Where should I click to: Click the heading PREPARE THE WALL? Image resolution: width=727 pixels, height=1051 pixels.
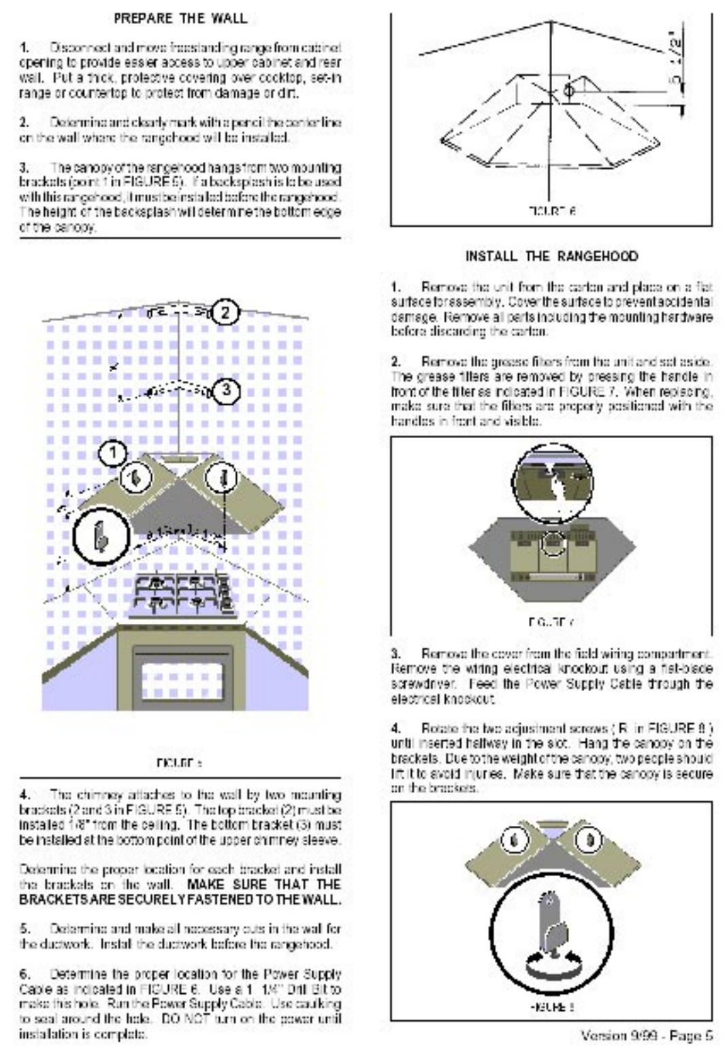[x=180, y=18]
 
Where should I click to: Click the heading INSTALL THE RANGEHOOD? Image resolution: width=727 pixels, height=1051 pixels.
[x=551, y=256]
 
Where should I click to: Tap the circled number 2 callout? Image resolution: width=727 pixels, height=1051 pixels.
[x=226, y=312]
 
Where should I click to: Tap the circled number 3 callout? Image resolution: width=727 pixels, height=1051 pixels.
[x=226, y=390]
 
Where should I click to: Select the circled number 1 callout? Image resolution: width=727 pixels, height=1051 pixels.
[x=114, y=452]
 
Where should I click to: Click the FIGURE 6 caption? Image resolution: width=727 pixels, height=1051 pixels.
[x=551, y=212]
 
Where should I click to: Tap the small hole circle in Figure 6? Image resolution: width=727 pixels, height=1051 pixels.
[x=569, y=90]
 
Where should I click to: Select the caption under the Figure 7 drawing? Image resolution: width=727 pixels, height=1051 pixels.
[x=551, y=622]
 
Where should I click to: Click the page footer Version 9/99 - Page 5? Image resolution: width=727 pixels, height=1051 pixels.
[x=646, y=1035]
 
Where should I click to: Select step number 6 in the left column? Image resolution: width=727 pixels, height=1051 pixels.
[x=25, y=974]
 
